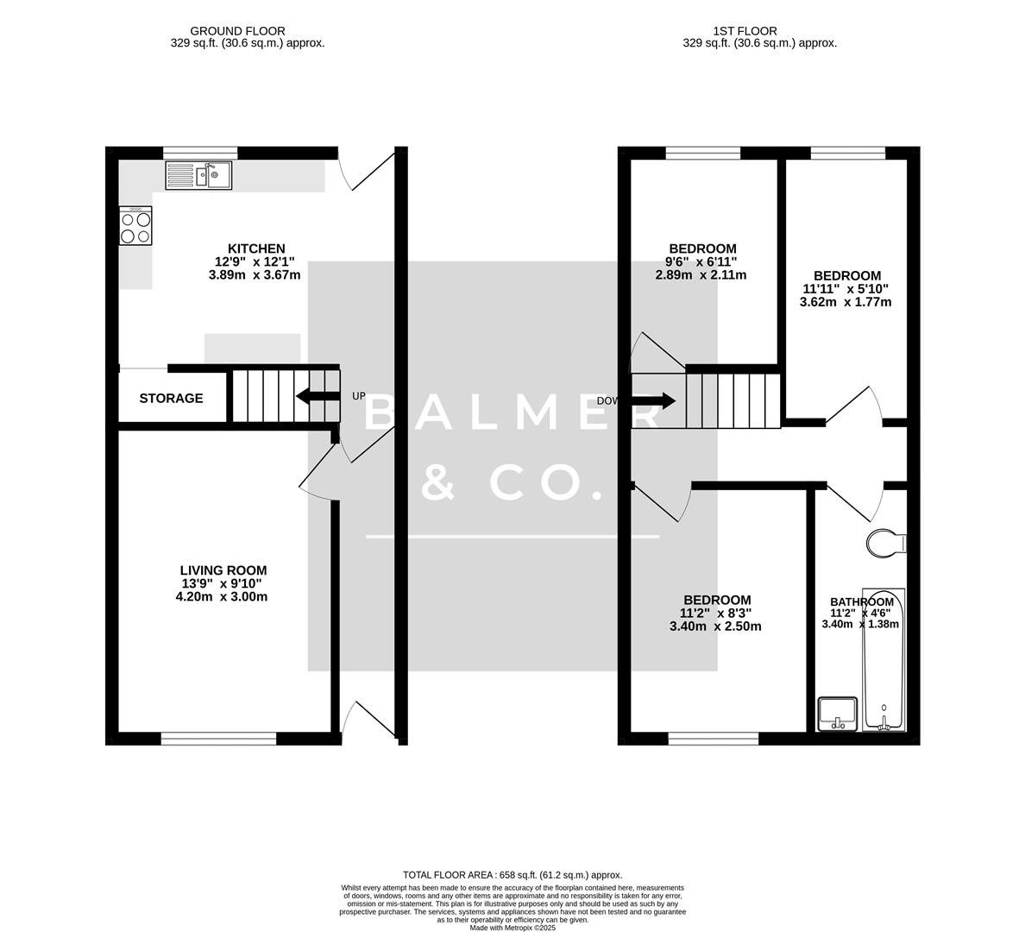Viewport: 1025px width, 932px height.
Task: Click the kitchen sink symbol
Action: (198, 176)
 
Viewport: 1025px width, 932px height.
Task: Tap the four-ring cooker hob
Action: (135, 225)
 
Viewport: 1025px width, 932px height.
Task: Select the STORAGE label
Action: (172, 399)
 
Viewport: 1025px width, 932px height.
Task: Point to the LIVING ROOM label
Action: (223, 570)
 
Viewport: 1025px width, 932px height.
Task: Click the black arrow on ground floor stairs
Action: (317, 396)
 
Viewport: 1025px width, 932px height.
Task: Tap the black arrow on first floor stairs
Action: (653, 400)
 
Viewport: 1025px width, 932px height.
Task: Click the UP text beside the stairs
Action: (359, 396)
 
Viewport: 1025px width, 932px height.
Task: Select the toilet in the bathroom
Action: (887, 544)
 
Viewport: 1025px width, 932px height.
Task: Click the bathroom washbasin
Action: (837, 713)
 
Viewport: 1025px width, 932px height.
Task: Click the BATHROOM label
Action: (862, 602)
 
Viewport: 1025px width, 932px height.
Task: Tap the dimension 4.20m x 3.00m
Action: (224, 596)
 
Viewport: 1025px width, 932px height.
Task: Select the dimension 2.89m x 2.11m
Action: (701, 275)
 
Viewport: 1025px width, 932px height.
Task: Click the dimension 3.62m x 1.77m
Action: (846, 302)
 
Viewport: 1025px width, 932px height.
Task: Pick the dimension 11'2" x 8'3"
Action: (716, 614)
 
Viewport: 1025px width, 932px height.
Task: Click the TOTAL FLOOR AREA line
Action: (512, 875)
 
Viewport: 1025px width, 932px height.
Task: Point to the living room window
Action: (218, 739)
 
